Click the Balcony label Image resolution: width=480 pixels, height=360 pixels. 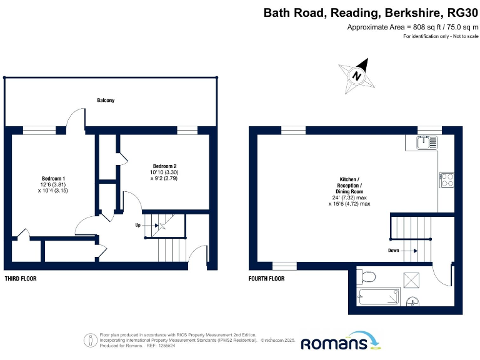pyautogui.click(x=106, y=100)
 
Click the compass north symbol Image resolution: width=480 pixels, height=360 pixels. pyautogui.click(x=357, y=76)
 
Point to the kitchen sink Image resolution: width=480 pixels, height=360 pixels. pyautogui.click(x=428, y=142)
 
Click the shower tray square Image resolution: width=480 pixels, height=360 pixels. pyautogui.click(x=412, y=279)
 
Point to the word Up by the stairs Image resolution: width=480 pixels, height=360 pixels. pyautogui.click(x=137, y=224)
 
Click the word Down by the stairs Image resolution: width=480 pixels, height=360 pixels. pyautogui.click(x=393, y=250)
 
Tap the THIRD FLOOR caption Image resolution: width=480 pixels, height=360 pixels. pyautogui.click(x=20, y=279)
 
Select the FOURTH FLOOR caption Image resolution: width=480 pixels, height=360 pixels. pyautogui.click(x=266, y=279)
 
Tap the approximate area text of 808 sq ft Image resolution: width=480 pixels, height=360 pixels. pyautogui.click(x=412, y=27)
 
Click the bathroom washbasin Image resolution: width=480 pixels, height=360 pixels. pyautogui.click(x=412, y=304)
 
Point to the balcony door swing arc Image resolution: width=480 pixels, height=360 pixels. pyautogui.click(x=77, y=116)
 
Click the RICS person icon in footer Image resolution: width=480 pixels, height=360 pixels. pyautogui.click(x=91, y=341)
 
